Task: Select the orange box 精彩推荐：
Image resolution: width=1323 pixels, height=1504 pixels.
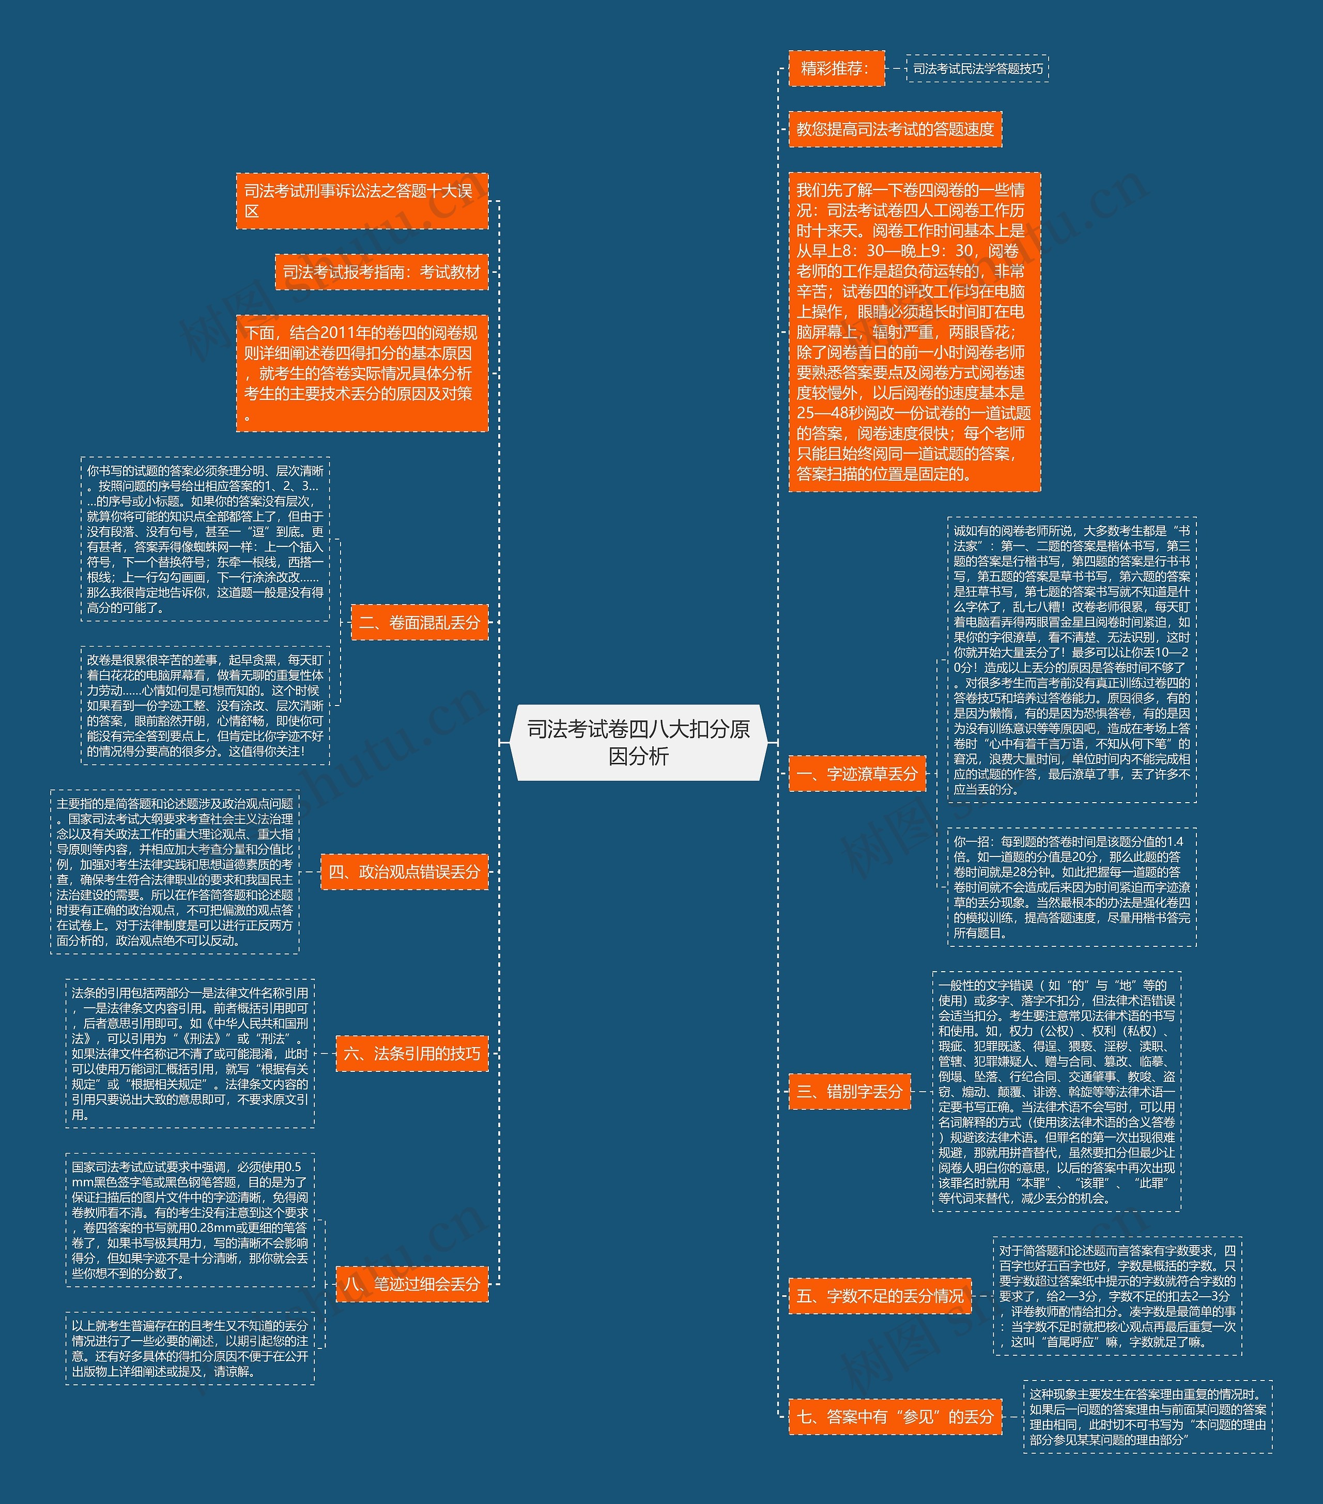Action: [x=836, y=68]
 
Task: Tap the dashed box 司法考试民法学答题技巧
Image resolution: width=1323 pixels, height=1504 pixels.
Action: [x=977, y=68]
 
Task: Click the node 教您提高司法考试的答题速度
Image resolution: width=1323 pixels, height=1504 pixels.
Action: [x=895, y=130]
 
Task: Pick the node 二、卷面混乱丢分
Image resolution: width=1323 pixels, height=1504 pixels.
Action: [x=419, y=622]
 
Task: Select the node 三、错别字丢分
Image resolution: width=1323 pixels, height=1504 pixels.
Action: [x=849, y=1091]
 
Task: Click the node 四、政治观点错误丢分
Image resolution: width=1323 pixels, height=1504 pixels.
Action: [x=404, y=872]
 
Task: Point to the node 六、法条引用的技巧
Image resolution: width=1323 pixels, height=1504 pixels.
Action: [x=411, y=1054]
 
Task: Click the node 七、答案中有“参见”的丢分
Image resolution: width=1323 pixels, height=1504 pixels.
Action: [x=895, y=1417]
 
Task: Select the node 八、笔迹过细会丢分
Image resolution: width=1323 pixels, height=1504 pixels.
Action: [x=411, y=1284]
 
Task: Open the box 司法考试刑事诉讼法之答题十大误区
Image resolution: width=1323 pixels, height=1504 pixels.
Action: [x=361, y=201]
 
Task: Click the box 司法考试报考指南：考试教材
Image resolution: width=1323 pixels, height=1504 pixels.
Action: [x=381, y=272]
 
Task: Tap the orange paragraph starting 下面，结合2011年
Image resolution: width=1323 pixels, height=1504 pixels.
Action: [x=361, y=373]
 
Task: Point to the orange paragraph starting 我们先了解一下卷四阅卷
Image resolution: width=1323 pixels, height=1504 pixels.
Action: [x=914, y=332]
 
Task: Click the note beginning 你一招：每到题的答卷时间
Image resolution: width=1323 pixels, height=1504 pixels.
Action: [x=1071, y=887]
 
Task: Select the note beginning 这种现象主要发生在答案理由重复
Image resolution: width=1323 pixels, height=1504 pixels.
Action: [x=1147, y=1417]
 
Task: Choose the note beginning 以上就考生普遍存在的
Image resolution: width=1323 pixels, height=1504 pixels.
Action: [x=190, y=1348]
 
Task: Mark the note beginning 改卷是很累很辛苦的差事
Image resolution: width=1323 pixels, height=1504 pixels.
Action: [x=205, y=705]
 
